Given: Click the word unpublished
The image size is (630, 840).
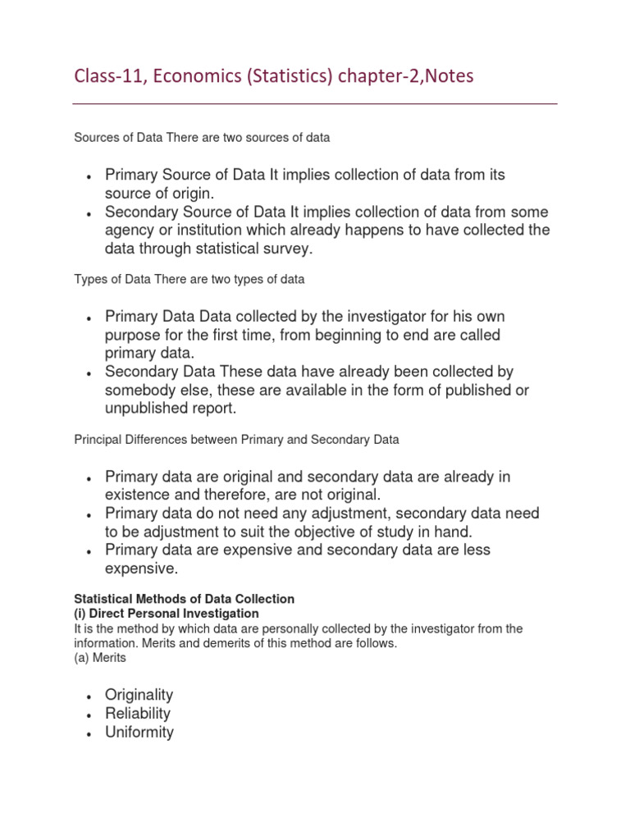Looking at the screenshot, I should pos(145,409).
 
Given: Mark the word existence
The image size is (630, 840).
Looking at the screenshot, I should pos(137,495).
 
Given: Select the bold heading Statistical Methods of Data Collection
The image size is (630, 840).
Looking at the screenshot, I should pos(185,599).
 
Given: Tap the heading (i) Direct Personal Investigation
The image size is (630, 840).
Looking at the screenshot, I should pos(167,614).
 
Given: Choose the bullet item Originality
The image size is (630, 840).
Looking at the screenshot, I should pos(139,695).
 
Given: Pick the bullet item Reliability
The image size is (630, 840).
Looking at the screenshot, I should pos(138,714).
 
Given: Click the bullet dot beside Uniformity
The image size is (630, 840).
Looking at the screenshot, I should pos(88,733).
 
